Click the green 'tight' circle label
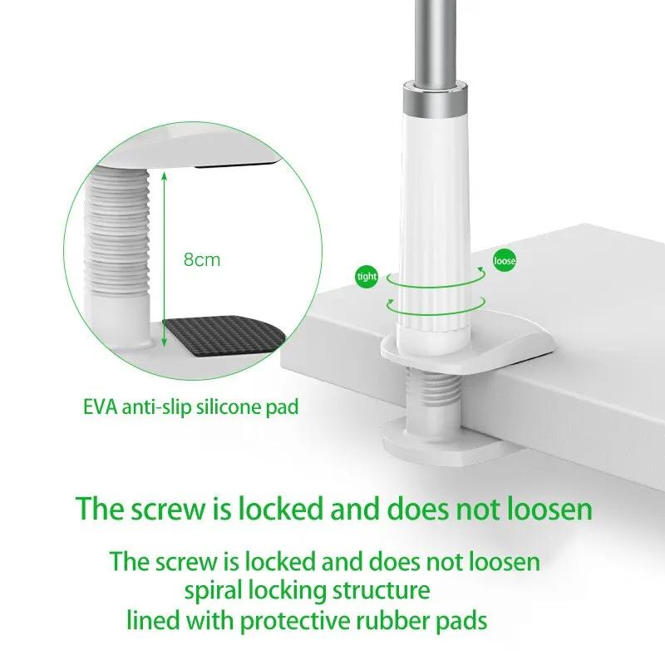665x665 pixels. [366, 276]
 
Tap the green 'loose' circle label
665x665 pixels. [505, 261]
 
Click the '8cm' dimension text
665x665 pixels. [202, 259]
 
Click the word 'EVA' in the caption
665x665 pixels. [101, 407]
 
